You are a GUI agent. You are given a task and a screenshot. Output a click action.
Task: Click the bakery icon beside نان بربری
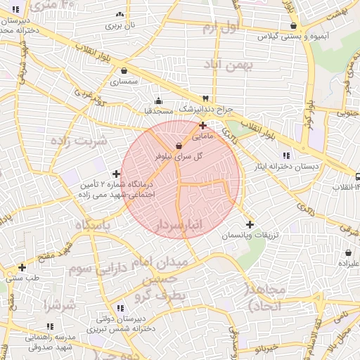[120, 14]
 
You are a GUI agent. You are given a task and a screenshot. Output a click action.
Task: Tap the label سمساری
[124, 82]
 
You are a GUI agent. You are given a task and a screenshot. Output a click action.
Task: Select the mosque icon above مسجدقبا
[158, 100]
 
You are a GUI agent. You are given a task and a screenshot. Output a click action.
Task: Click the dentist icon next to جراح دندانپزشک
[205, 98]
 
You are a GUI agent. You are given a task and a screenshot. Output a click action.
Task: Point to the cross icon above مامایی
[203, 125]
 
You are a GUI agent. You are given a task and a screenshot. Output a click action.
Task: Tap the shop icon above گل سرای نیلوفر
[188, 146]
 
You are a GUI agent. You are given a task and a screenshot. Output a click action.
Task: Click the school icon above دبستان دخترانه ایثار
[285, 155]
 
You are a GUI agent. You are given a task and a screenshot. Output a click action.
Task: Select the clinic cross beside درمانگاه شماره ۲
[116, 174]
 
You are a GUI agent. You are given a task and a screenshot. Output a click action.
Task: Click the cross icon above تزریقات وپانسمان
[250, 224]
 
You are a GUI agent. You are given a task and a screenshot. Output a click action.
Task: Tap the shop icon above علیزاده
[349, 252]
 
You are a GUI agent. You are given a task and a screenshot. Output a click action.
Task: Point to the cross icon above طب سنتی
[22, 267]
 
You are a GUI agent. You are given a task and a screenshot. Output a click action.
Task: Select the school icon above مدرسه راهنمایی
[49, 326]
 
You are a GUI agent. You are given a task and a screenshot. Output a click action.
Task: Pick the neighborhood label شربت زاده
[78, 140]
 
